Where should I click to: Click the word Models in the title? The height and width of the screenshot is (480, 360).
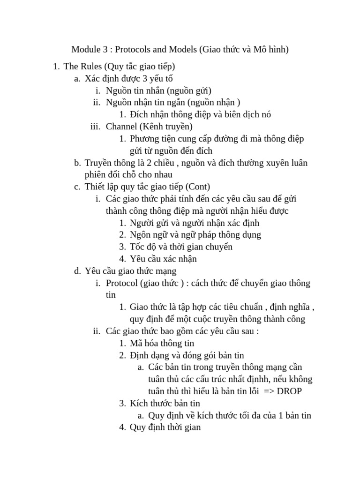(183, 49)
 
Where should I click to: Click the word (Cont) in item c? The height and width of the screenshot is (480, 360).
(199, 187)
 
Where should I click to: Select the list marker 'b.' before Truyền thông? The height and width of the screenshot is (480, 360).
(77, 163)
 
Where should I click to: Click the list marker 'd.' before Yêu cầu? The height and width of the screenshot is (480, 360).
(77, 271)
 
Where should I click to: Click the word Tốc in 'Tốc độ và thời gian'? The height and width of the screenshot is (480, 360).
(138, 247)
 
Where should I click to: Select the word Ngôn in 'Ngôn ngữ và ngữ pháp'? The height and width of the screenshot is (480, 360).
(140, 234)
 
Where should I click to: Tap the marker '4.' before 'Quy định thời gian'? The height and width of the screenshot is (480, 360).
(122, 427)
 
